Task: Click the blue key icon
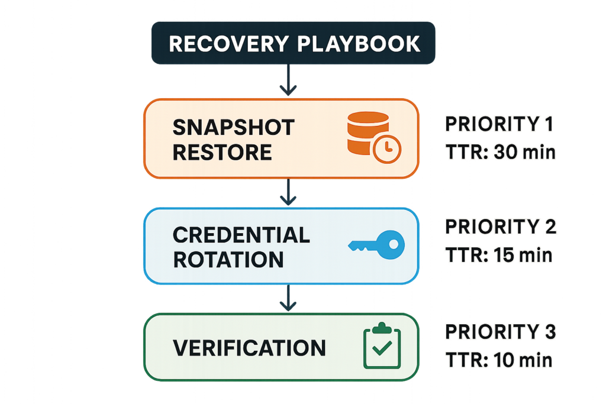pyautogui.click(x=378, y=244)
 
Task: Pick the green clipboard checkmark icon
pyautogui.click(x=382, y=345)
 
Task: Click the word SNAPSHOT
pyautogui.click(x=233, y=127)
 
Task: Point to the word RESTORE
pyautogui.click(x=223, y=152)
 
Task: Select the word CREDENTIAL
pyautogui.click(x=241, y=235)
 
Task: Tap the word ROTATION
pyautogui.click(x=228, y=260)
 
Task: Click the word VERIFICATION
pyautogui.click(x=249, y=348)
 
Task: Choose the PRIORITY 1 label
pyautogui.click(x=500, y=125)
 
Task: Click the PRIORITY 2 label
pyautogui.click(x=500, y=227)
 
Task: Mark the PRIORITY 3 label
pyautogui.click(x=500, y=332)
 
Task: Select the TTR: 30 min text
pyautogui.click(x=500, y=153)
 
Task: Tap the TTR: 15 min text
pyautogui.click(x=499, y=256)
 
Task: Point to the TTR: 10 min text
pyautogui.click(x=499, y=360)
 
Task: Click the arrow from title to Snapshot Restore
pyautogui.click(x=288, y=81)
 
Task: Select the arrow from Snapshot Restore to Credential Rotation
pyautogui.click(x=288, y=193)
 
